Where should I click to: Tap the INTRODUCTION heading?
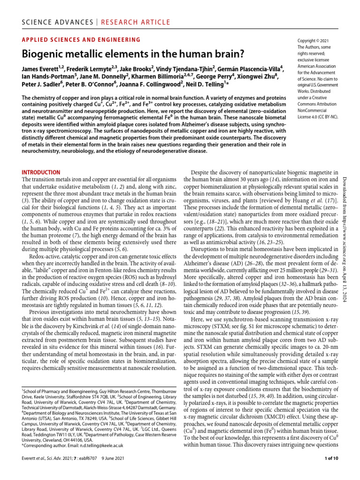pos(41,172)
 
